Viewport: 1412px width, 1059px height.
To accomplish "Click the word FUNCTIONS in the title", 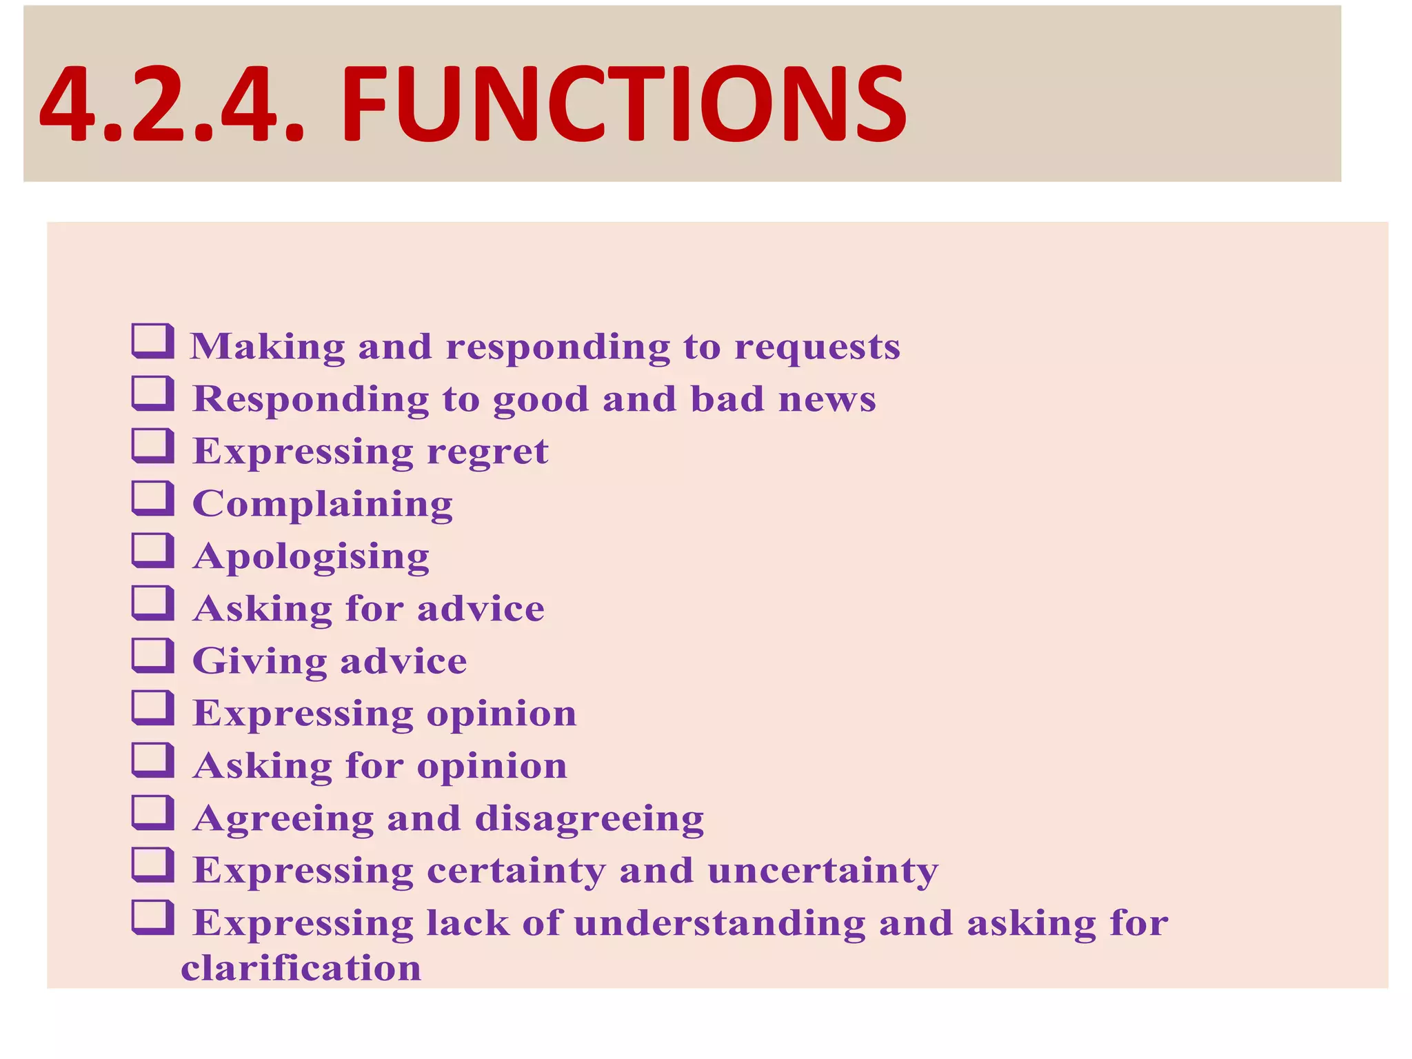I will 623,103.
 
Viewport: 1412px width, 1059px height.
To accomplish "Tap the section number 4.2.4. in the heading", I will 172,103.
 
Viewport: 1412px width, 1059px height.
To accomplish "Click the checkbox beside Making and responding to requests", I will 152,341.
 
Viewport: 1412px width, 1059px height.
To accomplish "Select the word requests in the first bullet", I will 817,347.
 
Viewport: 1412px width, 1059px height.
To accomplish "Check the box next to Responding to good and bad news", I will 152,394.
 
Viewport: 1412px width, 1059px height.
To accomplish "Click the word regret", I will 487,452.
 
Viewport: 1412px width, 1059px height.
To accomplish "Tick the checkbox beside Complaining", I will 152,498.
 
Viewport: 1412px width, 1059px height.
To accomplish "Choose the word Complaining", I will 323,505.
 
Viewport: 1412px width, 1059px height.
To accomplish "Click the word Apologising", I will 311,557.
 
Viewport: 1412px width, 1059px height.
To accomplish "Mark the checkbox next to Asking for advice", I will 152,603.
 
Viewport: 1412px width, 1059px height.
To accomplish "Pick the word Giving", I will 259,662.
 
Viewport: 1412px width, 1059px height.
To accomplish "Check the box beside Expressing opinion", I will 152,708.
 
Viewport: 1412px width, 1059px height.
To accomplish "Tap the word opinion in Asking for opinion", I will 492,767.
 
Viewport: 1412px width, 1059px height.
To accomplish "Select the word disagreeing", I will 589,819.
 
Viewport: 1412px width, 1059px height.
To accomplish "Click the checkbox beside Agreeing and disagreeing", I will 152,813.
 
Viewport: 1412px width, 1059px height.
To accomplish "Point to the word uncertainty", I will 823,871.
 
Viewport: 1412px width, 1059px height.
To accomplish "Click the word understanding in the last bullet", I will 719,923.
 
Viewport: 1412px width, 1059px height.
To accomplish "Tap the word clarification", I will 301,968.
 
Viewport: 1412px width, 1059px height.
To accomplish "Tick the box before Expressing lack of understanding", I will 152,918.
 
